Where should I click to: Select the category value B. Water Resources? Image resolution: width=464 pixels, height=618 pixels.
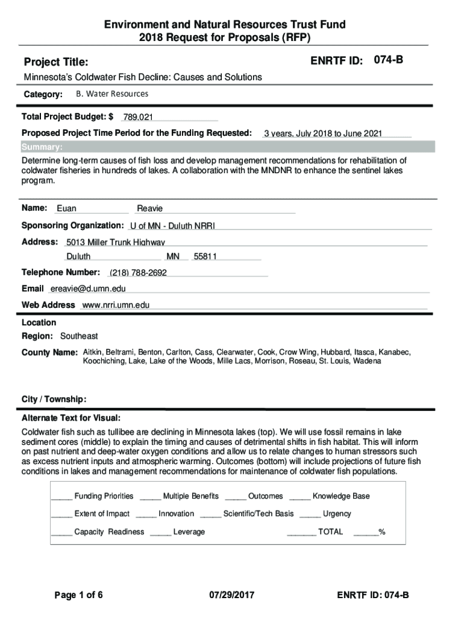pyautogui.click(x=111, y=94)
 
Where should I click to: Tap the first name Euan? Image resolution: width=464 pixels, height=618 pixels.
pyautogui.click(x=66, y=209)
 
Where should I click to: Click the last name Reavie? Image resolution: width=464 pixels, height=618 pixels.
pyautogui.click(x=150, y=209)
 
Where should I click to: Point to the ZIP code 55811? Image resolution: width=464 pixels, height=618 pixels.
pyautogui.click(x=205, y=256)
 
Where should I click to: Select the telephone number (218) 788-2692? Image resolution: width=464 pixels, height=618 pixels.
pyautogui.click(x=138, y=273)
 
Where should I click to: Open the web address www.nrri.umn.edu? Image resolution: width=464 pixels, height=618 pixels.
pyautogui.click(x=115, y=305)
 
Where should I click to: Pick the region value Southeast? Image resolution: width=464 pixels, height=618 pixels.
pyautogui.click(x=79, y=336)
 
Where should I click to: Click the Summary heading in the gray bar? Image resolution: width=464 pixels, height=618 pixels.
pyautogui.click(x=42, y=147)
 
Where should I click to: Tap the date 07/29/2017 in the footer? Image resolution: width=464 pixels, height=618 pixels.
pyautogui.click(x=232, y=596)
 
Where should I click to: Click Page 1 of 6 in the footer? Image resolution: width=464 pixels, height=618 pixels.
pyautogui.click(x=78, y=596)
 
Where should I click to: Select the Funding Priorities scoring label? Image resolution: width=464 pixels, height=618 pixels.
pyautogui.click(x=104, y=496)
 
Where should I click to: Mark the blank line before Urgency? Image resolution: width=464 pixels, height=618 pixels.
pyautogui.click(x=310, y=515)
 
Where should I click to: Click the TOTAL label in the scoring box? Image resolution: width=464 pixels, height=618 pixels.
pyautogui.click(x=330, y=532)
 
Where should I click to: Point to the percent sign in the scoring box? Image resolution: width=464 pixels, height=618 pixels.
pyautogui.click(x=381, y=532)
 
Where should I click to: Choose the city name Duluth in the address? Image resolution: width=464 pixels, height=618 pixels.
pyautogui.click(x=78, y=256)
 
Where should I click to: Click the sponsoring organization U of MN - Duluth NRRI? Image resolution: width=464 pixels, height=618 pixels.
pyautogui.click(x=172, y=226)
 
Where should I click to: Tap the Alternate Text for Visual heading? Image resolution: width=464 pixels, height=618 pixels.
pyautogui.click(x=71, y=418)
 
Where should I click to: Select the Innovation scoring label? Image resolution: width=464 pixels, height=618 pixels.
pyautogui.click(x=176, y=514)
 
